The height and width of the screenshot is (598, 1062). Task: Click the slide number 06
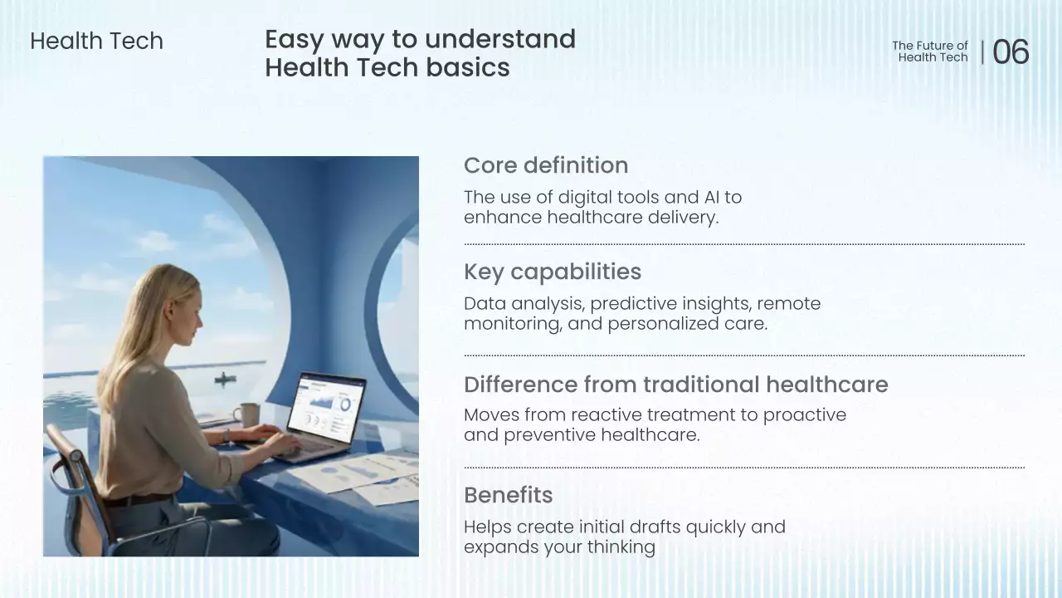pyautogui.click(x=1011, y=51)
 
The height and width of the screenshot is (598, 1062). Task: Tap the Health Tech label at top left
pyautogui.click(x=97, y=41)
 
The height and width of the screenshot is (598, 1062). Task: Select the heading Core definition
pyautogui.click(x=546, y=165)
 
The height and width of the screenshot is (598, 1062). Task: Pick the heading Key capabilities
pyautogui.click(x=553, y=272)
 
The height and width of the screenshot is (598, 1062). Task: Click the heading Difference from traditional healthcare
pyautogui.click(x=676, y=385)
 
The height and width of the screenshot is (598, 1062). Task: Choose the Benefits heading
pyautogui.click(x=509, y=495)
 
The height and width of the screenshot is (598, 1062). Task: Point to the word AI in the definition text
pyautogui.click(x=712, y=197)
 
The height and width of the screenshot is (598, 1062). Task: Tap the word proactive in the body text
pyautogui.click(x=805, y=415)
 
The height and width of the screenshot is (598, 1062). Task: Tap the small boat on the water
pyautogui.click(x=225, y=379)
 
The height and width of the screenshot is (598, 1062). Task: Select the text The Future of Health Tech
pyautogui.click(x=930, y=51)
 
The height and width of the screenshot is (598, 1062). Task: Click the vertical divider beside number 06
pyautogui.click(x=982, y=52)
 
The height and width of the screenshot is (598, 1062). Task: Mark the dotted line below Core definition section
pyautogui.click(x=744, y=244)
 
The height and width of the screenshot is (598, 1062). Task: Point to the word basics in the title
pyautogui.click(x=467, y=67)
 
